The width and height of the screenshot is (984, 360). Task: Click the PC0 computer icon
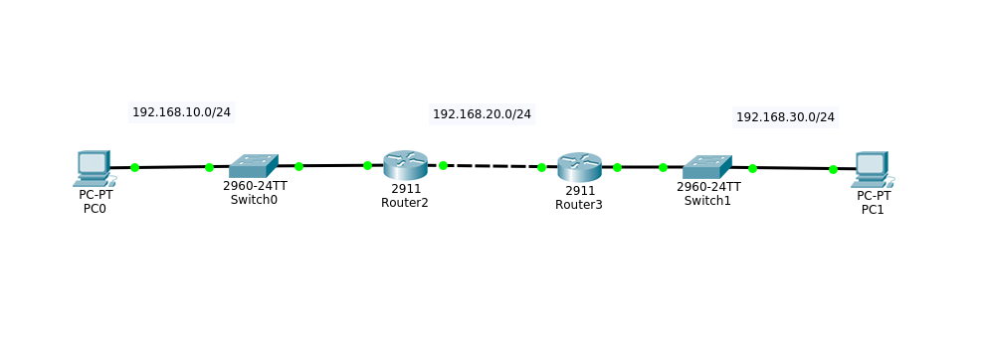(x=94, y=168)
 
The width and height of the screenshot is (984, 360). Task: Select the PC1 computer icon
(x=873, y=169)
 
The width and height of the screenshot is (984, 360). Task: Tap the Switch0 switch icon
(x=253, y=166)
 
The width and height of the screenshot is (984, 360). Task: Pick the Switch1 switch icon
(x=706, y=167)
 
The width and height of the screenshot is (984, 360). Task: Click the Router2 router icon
(x=405, y=165)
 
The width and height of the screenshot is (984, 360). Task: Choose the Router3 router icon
(x=579, y=167)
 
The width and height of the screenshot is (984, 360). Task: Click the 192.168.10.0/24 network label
(x=181, y=112)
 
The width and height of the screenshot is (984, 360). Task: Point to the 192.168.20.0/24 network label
(x=482, y=114)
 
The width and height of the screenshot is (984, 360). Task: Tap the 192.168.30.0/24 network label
(x=785, y=117)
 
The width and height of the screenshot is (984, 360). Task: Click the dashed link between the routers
(x=492, y=166)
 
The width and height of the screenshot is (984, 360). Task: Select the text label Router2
(x=405, y=203)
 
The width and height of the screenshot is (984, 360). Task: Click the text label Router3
(x=579, y=205)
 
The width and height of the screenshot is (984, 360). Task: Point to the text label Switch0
(x=254, y=200)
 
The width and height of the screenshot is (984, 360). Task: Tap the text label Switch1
(x=707, y=201)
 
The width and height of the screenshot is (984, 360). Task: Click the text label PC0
(x=95, y=209)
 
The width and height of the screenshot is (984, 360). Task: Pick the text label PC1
(x=873, y=210)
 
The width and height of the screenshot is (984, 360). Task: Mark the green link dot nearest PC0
(x=134, y=168)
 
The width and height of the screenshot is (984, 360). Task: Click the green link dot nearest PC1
(x=833, y=169)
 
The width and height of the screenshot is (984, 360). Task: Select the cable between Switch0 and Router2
(x=333, y=166)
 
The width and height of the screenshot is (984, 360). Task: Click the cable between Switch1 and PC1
(x=793, y=168)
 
